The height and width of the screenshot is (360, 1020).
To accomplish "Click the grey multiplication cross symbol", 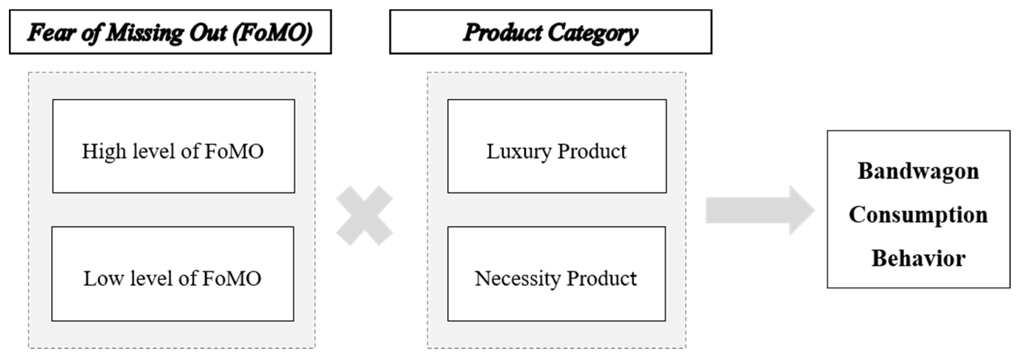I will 364,216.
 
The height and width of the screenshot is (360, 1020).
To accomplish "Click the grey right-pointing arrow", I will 759,210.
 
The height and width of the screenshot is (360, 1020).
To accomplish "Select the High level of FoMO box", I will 174,146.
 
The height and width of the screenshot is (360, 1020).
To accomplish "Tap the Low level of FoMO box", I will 173,274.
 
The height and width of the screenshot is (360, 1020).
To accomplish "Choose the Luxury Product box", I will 557,146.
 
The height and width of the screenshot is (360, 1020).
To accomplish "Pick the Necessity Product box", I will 556,274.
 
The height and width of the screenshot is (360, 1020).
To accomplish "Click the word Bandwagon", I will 918,172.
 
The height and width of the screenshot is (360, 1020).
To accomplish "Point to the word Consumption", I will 918,215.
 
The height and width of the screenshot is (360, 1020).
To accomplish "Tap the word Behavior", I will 918,259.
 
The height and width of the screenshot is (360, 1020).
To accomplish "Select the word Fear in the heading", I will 52,32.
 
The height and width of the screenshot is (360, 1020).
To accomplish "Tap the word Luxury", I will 519,152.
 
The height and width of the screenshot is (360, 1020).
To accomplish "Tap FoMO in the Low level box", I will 232,279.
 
